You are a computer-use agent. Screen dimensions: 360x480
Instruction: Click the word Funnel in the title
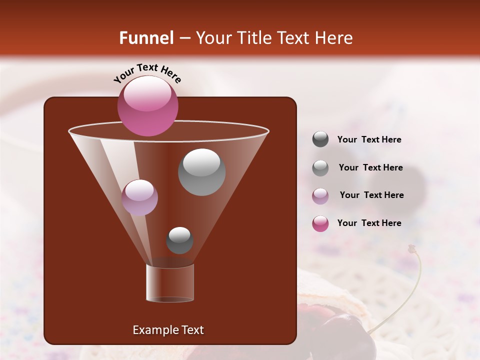point(146,38)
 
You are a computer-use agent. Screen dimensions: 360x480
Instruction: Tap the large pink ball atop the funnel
point(147,105)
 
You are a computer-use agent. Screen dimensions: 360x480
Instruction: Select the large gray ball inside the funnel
point(201,171)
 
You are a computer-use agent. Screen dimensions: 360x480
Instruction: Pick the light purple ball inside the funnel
point(139,197)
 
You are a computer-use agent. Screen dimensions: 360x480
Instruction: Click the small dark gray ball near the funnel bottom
point(179,240)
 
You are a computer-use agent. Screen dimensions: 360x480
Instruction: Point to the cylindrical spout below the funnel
point(170,283)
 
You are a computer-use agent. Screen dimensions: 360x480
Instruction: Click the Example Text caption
point(168,330)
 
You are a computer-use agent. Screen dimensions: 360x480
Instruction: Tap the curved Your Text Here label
point(147,72)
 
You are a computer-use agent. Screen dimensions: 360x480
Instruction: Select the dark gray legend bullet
point(320,139)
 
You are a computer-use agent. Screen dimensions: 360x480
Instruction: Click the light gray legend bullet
point(320,168)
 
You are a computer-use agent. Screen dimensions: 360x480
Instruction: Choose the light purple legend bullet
point(320,195)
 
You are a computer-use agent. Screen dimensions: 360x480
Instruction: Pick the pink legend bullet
point(320,223)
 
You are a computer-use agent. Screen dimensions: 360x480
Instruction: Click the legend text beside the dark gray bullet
point(369,140)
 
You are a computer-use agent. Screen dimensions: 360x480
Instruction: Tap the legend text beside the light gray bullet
point(370,168)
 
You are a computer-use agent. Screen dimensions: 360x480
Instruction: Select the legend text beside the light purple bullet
point(371,195)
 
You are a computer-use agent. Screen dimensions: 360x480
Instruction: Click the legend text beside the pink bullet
point(369,223)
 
